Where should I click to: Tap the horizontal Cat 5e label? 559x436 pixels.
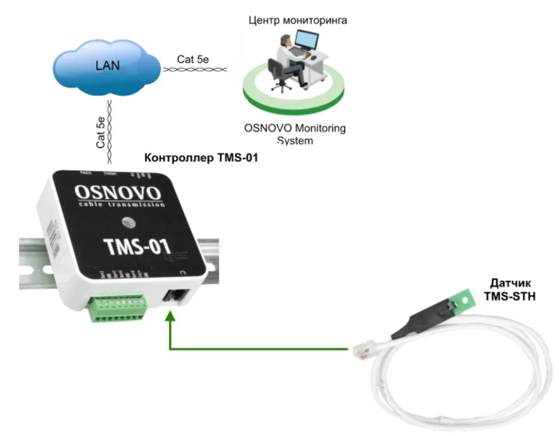(x=193, y=59)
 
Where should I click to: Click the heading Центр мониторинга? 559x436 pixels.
(x=297, y=20)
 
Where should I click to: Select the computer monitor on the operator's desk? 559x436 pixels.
(x=309, y=41)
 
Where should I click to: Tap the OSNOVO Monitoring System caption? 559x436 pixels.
(x=295, y=134)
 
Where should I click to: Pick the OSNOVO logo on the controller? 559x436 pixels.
(x=117, y=193)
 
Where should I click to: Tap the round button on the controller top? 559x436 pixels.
(x=128, y=223)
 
